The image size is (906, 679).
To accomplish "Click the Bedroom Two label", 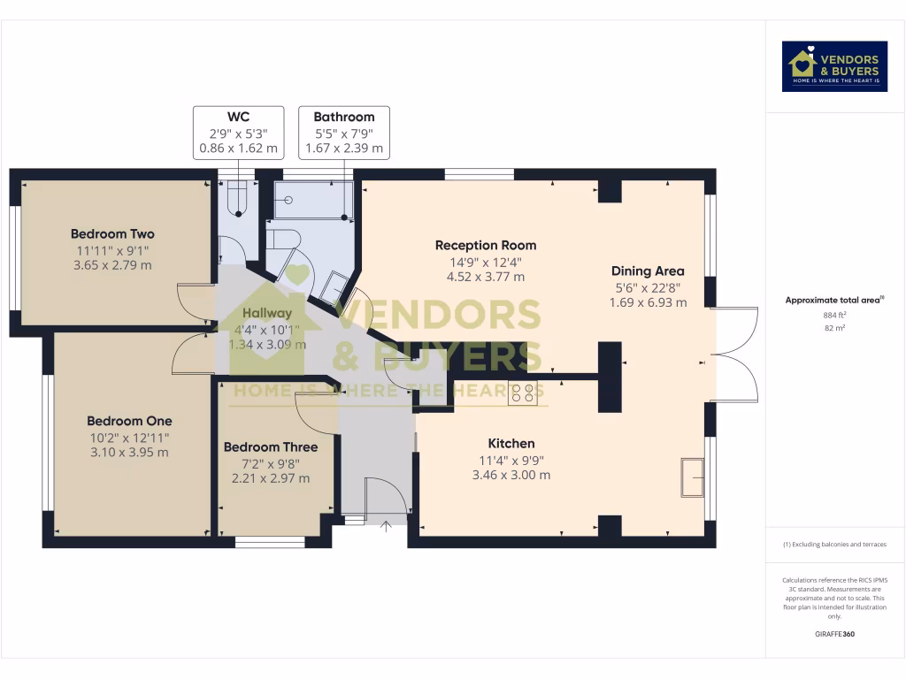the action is pyautogui.click(x=112, y=233).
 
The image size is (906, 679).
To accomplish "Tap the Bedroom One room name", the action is pyautogui.click(x=129, y=421).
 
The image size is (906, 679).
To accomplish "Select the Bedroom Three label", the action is pyautogui.click(x=271, y=446).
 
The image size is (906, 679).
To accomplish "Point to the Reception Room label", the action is pyautogui.click(x=486, y=246).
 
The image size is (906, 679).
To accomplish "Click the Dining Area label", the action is pyautogui.click(x=648, y=271).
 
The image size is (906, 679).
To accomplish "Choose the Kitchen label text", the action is pyautogui.click(x=511, y=444).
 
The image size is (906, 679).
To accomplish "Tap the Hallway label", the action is pyautogui.click(x=267, y=313).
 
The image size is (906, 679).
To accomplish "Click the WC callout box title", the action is pyautogui.click(x=238, y=117).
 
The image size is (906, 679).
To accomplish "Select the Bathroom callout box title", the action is pyautogui.click(x=344, y=117).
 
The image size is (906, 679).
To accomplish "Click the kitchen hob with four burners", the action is pyautogui.click(x=523, y=393).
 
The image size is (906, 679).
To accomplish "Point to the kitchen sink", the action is pyautogui.click(x=692, y=477).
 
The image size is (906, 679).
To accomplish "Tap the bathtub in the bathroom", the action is pyautogui.click(x=314, y=200).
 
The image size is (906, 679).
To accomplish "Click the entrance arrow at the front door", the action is pyautogui.click(x=386, y=526).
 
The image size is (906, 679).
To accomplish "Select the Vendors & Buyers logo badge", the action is pyautogui.click(x=834, y=66).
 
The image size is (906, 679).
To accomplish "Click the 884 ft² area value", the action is pyautogui.click(x=835, y=316).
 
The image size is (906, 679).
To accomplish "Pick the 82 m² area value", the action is pyautogui.click(x=835, y=328).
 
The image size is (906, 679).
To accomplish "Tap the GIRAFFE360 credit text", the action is pyautogui.click(x=835, y=634).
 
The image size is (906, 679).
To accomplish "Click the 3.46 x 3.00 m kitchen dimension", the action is pyautogui.click(x=511, y=475).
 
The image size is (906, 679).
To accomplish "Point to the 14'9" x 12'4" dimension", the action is pyautogui.click(x=486, y=262).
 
